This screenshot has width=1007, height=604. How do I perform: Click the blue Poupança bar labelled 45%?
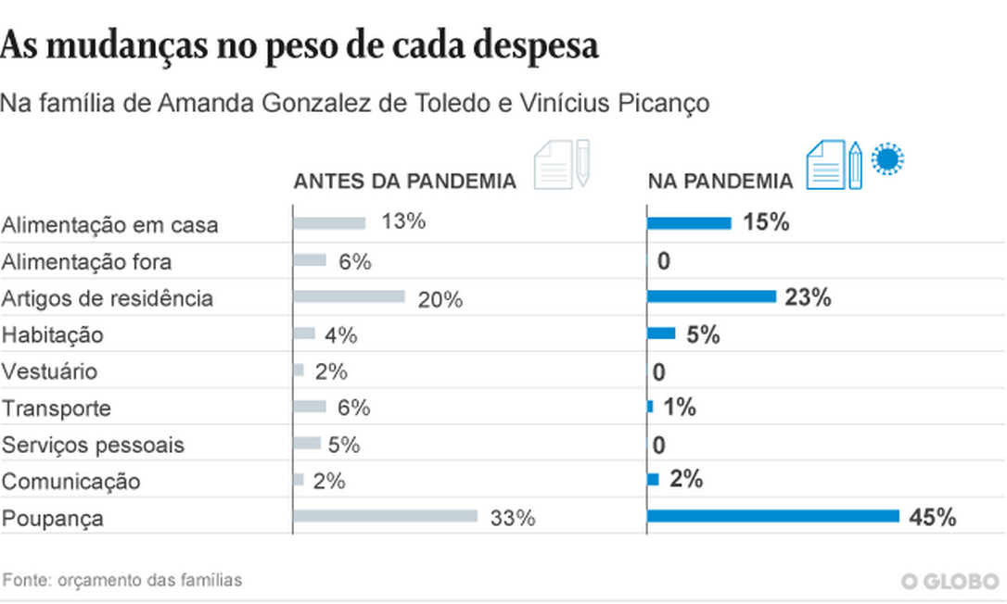pyautogui.click(x=772, y=516)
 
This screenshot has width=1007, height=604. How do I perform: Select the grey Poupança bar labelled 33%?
pyautogui.click(x=385, y=516)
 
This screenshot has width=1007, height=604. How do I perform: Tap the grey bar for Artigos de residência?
pyautogui.click(x=349, y=296)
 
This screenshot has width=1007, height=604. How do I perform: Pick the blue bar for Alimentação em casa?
pyautogui.click(x=689, y=223)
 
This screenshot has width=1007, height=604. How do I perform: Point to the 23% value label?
pyautogui.click(x=808, y=298)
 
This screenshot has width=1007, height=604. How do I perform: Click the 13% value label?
pyautogui.click(x=402, y=222)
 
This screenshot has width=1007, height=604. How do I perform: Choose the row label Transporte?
pyautogui.click(x=56, y=409)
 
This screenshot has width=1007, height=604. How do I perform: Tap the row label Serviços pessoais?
pyautogui.click(x=93, y=445)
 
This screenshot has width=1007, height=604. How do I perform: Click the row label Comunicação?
pyautogui.click(x=71, y=482)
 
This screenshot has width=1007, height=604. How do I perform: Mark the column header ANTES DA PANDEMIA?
pyautogui.click(x=404, y=182)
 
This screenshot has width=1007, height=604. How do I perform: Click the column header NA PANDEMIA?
pyautogui.click(x=720, y=182)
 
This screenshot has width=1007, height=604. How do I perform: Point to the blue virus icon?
pyautogui.click(x=888, y=159)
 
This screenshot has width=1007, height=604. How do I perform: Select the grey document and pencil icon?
pyautogui.click(x=561, y=165)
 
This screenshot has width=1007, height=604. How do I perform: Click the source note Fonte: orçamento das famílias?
pyautogui.click(x=122, y=581)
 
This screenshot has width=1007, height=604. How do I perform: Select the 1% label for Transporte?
pyautogui.click(x=680, y=407)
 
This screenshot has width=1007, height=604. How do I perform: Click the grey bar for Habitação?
pyautogui.click(x=304, y=333)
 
